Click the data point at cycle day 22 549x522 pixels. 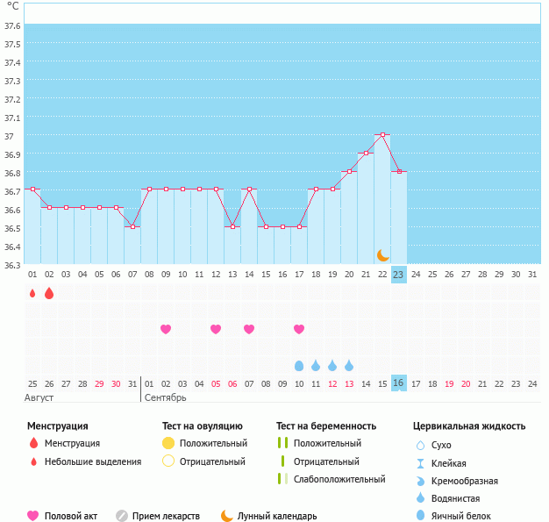pos(382,134)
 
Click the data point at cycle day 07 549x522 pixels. pos(132,226)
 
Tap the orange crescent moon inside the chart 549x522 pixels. pos(383,255)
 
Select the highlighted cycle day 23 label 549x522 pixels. pos(398,275)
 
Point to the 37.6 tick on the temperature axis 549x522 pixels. pos(12,26)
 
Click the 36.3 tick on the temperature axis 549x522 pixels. pos(12,265)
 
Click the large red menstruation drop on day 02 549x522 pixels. pos(49,293)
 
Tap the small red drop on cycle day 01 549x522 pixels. pos(32,293)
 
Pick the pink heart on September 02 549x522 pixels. pos(166,329)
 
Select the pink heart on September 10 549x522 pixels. pos(299,329)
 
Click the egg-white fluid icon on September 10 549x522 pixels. pos(299,366)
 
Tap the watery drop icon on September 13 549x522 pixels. pos(349,365)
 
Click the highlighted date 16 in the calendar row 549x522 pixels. pos(398,383)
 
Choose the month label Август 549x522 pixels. pos(39,398)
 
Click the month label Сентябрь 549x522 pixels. pos(165,398)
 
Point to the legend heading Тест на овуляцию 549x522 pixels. pos(203,426)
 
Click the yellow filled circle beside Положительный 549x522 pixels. pos(168,443)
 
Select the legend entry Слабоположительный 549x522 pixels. pos(339,479)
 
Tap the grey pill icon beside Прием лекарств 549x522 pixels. pos(122,516)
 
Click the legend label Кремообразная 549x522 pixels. pos(464,481)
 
